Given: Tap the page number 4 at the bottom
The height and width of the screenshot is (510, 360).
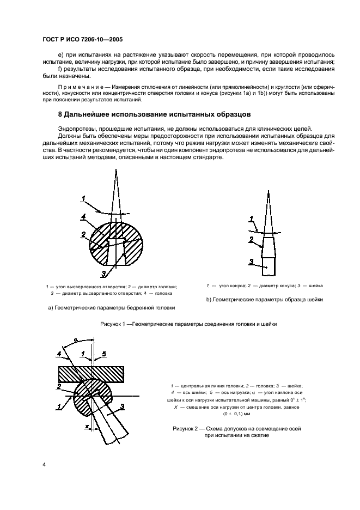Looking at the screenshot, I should [x=44, y=464].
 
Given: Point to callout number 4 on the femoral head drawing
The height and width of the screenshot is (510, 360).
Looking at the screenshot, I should [x=83, y=217].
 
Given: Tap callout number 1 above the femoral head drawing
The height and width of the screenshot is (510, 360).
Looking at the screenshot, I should [x=83, y=197].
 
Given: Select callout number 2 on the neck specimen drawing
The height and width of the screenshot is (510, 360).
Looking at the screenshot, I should [x=252, y=239].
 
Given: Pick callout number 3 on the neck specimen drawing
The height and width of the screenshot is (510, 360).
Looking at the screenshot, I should [x=251, y=262].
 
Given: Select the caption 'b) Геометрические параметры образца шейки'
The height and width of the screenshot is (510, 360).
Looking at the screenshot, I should [x=265, y=299].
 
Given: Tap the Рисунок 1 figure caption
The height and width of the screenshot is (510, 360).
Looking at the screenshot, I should [x=188, y=324].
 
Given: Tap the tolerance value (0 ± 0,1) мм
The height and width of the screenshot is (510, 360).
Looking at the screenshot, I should [x=236, y=414].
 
